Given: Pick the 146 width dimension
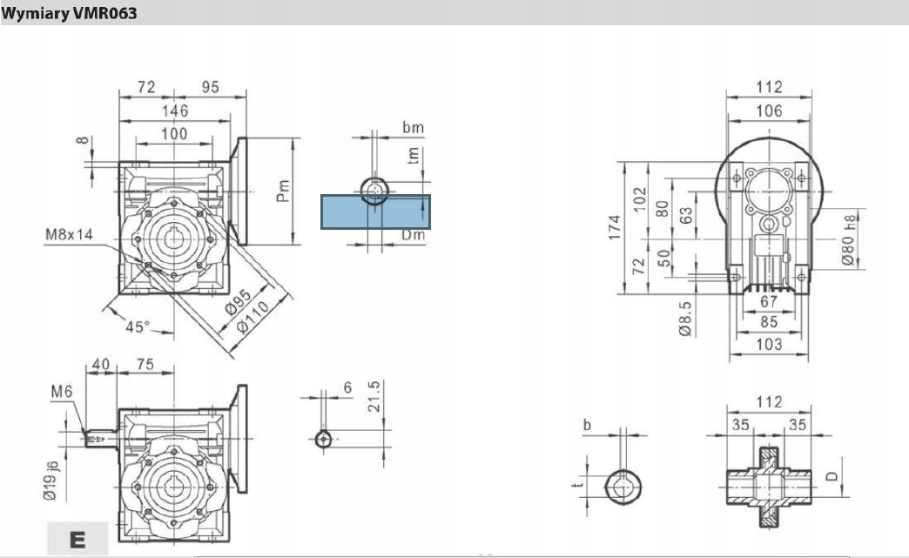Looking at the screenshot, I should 175,111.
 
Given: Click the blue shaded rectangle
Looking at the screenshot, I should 376,212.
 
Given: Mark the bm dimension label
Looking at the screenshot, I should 413,128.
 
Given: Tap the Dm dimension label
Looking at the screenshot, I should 413,236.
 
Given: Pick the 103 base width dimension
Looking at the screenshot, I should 770,344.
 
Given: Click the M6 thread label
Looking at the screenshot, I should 61,393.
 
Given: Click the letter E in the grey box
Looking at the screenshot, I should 77,539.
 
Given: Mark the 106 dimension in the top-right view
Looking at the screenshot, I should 770,111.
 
